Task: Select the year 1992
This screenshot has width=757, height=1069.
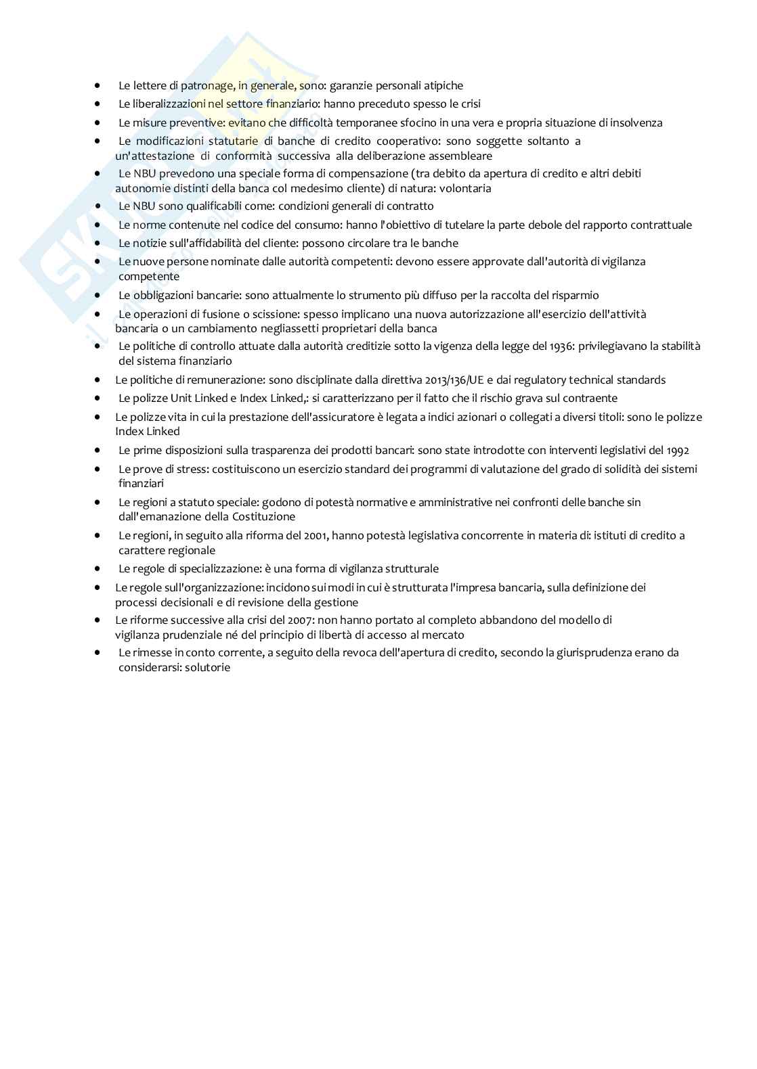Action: pos(677,451)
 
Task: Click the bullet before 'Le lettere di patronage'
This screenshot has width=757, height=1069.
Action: pos(98,86)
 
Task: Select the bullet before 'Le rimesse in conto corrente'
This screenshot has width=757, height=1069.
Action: pos(98,653)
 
